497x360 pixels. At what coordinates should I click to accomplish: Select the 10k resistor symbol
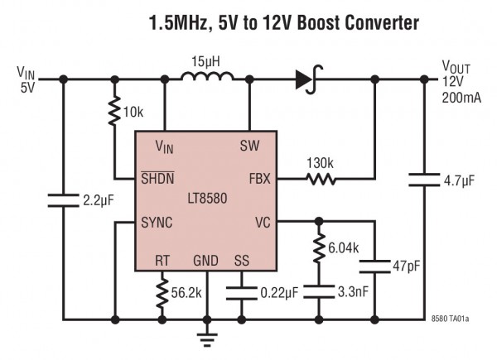coord(114,112)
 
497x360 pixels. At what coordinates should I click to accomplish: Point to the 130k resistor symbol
coord(319,178)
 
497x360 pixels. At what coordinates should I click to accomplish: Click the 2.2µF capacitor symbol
coord(63,198)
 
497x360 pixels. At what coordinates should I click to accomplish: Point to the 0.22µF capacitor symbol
coord(241,290)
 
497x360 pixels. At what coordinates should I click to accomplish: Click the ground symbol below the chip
coord(206,335)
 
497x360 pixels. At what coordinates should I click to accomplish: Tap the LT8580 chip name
coord(206,199)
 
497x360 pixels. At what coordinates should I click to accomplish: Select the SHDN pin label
coord(156,176)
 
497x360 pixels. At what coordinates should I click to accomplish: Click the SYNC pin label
coord(157,223)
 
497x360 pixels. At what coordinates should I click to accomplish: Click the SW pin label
coord(249,145)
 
